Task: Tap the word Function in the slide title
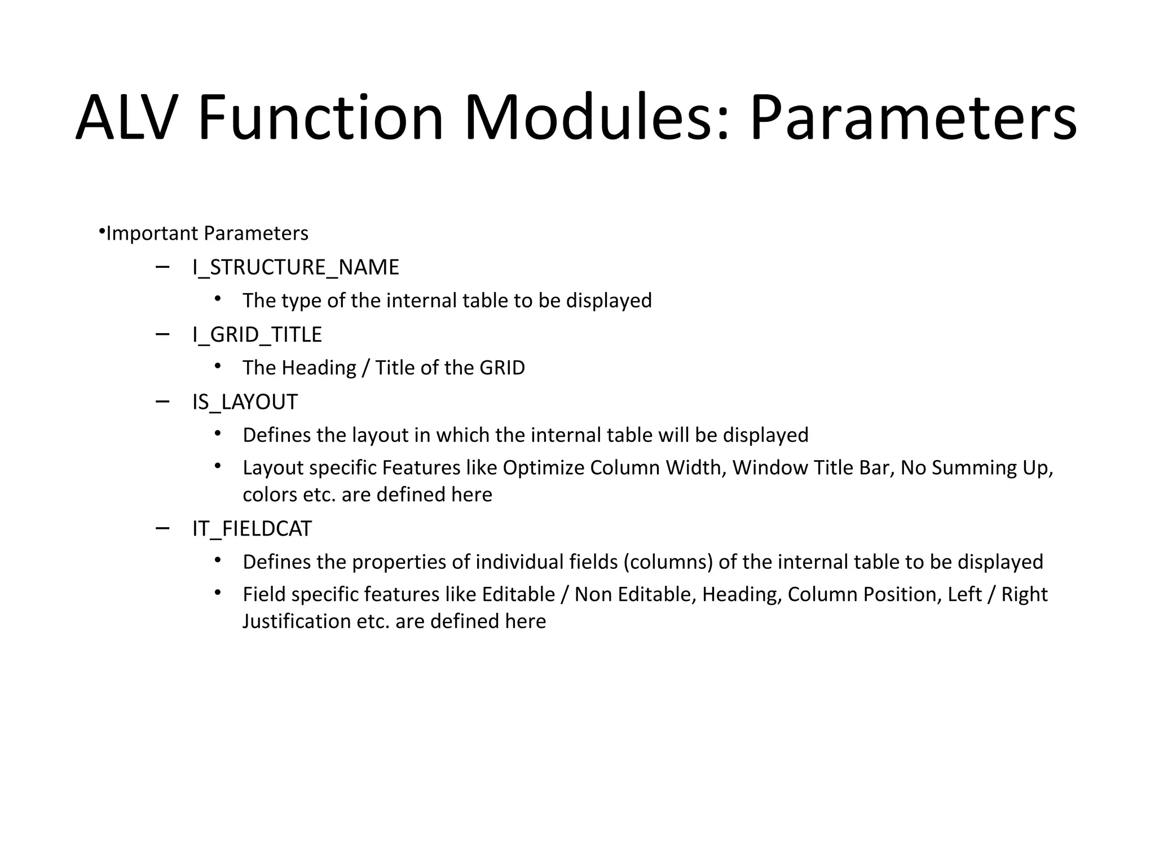tap(320, 119)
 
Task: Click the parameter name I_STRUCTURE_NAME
tap(296, 267)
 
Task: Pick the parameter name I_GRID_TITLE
tap(257, 335)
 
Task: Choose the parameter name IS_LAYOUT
tap(245, 402)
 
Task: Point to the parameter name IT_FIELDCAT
tap(252, 529)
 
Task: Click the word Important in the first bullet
tap(152, 233)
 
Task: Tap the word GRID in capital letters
tap(502, 368)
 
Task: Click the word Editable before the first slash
tap(518, 595)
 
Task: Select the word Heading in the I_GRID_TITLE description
tap(319, 368)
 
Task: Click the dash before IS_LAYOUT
tap(162, 401)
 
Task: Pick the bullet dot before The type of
tap(218, 299)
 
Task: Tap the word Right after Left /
tap(1024, 595)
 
